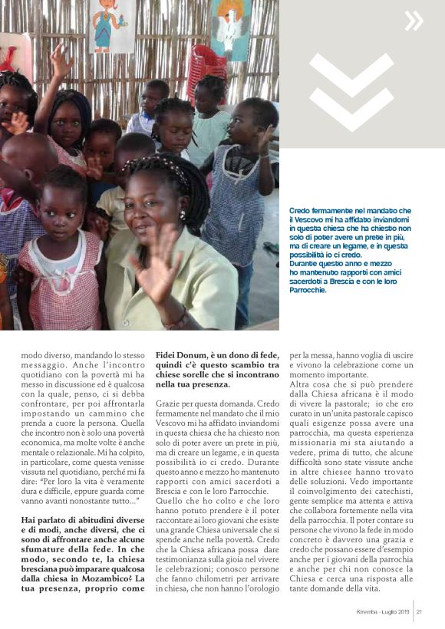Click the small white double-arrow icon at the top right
click(x=414, y=21)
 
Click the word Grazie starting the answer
click(x=170, y=403)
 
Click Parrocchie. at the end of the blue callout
click(x=308, y=290)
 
